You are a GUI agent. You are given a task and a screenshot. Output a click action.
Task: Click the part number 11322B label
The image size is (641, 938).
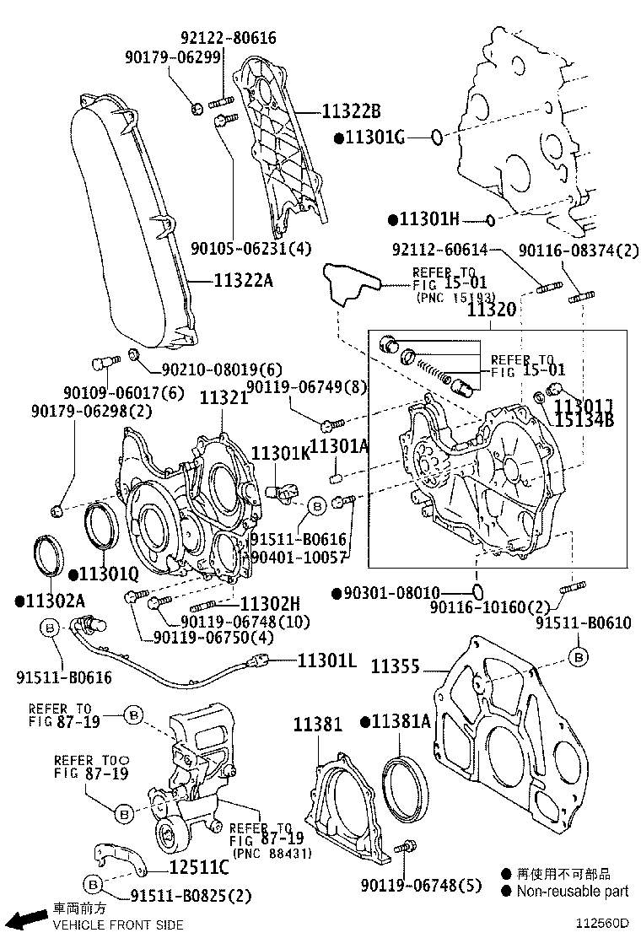pyautogui.click(x=351, y=111)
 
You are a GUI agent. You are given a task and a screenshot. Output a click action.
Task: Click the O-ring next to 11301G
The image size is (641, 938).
pyautogui.click(x=436, y=137)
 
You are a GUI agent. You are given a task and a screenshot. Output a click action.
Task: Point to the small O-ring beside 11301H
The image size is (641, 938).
pyautogui.click(x=488, y=220)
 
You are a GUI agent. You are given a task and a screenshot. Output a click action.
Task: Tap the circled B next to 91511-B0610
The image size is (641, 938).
pyautogui.click(x=579, y=655)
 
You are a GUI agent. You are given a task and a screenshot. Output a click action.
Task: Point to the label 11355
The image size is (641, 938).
pyautogui.click(x=395, y=668)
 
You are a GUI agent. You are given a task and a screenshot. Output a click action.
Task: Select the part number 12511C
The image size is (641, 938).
pyautogui.click(x=198, y=866)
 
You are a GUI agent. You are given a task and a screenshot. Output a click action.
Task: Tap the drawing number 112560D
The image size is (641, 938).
pyautogui.click(x=603, y=925)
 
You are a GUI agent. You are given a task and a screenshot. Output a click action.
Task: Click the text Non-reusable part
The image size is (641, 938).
pyautogui.click(x=573, y=891)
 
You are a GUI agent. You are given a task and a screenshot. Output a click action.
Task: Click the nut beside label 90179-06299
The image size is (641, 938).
pyautogui.click(x=196, y=107)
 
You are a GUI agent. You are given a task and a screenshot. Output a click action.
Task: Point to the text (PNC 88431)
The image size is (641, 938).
pyautogui.click(x=272, y=854)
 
